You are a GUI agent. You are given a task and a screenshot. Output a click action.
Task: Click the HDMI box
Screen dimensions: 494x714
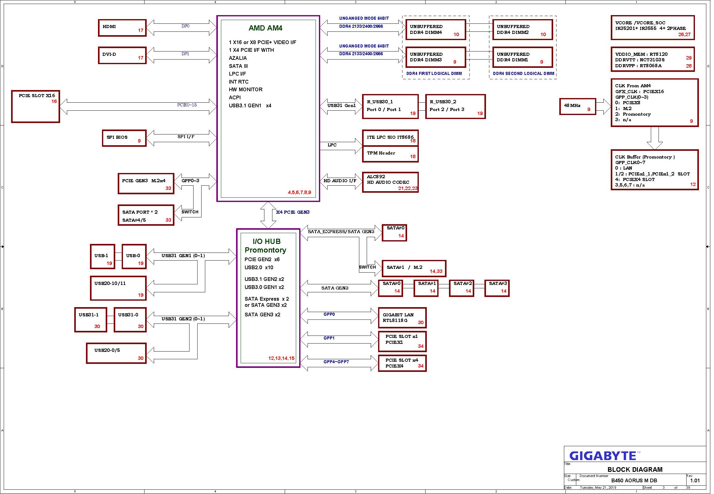tap(122, 28)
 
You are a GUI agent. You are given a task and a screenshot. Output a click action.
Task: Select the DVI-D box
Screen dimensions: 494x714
tap(122, 56)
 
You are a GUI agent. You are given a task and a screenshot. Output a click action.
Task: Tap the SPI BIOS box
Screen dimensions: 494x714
tap(124, 138)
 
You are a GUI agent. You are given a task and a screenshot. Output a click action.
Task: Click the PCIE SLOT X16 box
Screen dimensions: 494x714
tap(35, 107)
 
